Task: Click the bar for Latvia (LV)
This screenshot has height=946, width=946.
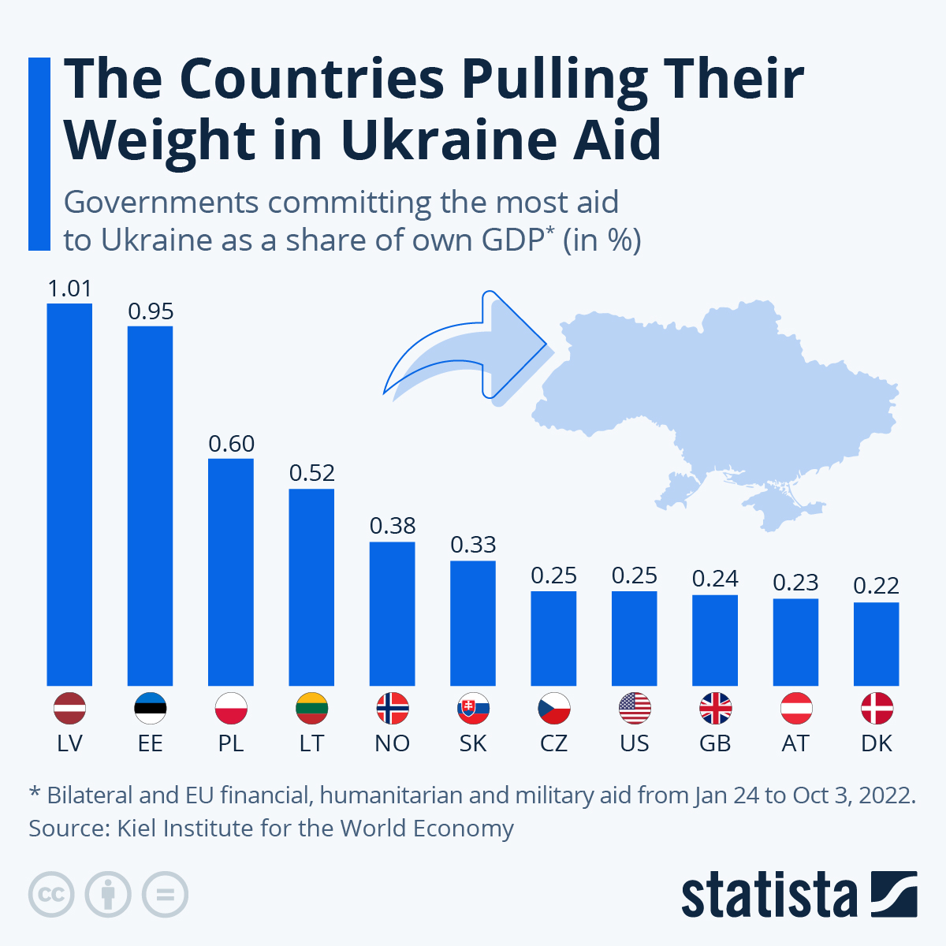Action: pyautogui.click(x=69, y=494)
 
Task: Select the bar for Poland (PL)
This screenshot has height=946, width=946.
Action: pyautogui.click(x=231, y=572)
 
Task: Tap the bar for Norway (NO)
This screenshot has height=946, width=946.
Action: pyautogui.click(x=393, y=613)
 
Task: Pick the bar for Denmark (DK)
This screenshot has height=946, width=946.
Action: pyautogui.click(x=876, y=643)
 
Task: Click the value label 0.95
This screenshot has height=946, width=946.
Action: pyautogui.click(x=151, y=311)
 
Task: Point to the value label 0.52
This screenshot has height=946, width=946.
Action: pyautogui.click(x=312, y=473)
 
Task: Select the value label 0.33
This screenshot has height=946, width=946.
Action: pyautogui.click(x=473, y=545)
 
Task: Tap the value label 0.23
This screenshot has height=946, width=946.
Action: pyautogui.click(x=795, y=583)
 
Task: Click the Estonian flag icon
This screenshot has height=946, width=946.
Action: pyautogui.click(x=151, y=709)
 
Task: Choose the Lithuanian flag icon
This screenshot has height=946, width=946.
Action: pyautogui.click(x=312, y=709)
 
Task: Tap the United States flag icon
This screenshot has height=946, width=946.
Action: pyautogui.click(x=635, y=709)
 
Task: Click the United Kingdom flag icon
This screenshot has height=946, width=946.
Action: pyautogui.click(x=715, y=709)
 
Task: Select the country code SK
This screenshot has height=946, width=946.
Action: pyautogui.click(x=473, y=743)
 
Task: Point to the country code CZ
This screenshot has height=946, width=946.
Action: pyautogui.click(x=553, y=743)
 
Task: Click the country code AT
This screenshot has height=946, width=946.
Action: pyautogui.click(x=795, y=743)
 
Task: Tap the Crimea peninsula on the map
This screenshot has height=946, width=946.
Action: pyautogui.click(x=777, y=505)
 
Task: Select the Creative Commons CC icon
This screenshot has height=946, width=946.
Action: pyautogui.click(x=51, y=895)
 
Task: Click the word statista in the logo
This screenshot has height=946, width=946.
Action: pyautogui.click(x=769, y=895)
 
